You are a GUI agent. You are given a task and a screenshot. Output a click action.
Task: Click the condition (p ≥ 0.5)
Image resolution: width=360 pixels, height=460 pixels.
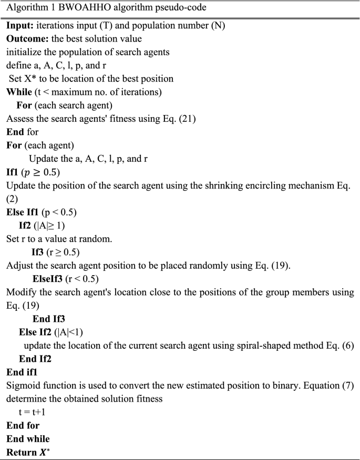(x=45, y=172)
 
